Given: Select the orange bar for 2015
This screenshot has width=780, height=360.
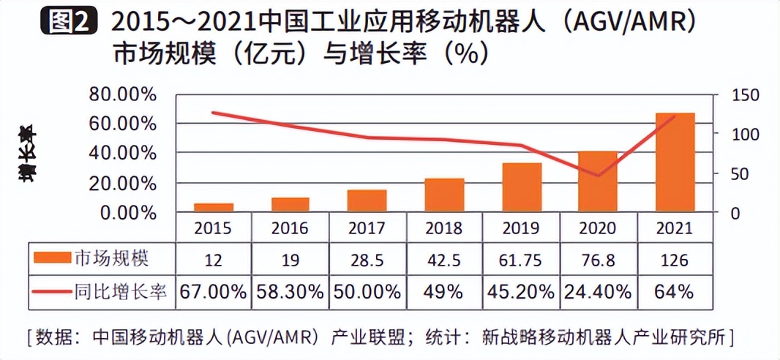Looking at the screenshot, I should pyautogui.click(x=213, y=208).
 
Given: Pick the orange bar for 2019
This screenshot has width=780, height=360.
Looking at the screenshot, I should pyautogui.click(x=522, y=187).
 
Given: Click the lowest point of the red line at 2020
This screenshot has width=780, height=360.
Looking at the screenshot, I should pyautogui.click(x=598, y=176).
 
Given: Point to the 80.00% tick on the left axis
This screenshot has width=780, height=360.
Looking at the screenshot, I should pyautogui.click(x=122, y=94).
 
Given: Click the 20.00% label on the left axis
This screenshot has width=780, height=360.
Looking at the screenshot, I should pyautogui.click(x=122, y=183).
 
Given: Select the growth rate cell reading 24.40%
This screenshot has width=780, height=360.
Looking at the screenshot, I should pyautogui.click(x=598, y=292).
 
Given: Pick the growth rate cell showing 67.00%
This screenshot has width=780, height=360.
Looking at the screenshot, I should pyautogui.click(x=213, y=292).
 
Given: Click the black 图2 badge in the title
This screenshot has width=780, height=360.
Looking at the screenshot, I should pyautogui.click(x=68, y=23).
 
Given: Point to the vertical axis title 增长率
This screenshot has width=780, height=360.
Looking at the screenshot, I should pyautogui.click(x=28, y=154).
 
